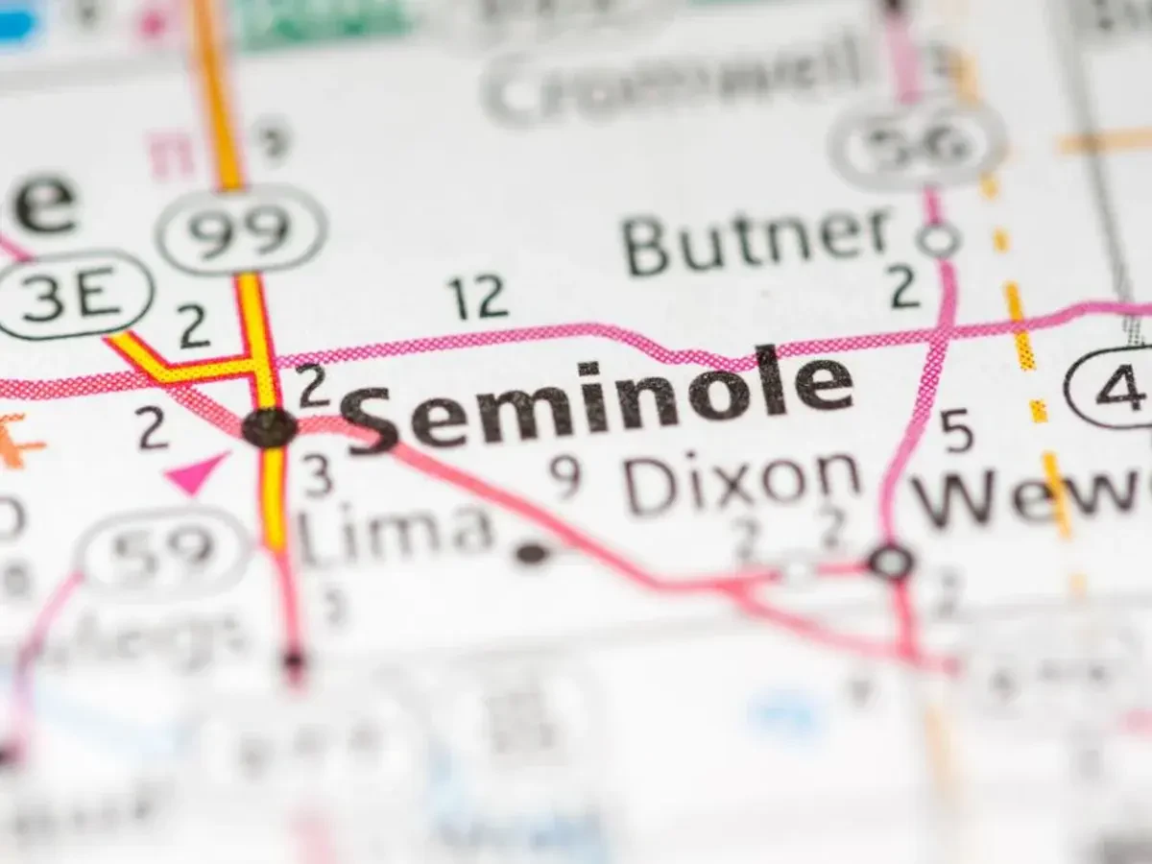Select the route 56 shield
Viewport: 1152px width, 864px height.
coord(916,144)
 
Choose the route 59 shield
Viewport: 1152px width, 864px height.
coord(163,553)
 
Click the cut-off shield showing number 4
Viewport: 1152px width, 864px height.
coord(1114,386)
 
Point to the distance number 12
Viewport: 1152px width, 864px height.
coord(477,299)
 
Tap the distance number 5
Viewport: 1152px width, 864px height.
coord(956,432)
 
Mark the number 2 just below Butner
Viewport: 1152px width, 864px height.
coord(904,288)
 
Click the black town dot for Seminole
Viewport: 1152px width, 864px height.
coord(269,427)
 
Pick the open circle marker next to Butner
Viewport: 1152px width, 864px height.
coord(937,239)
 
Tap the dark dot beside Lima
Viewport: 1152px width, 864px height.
coord(531,553)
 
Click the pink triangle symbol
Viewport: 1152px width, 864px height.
coord(197,472)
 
